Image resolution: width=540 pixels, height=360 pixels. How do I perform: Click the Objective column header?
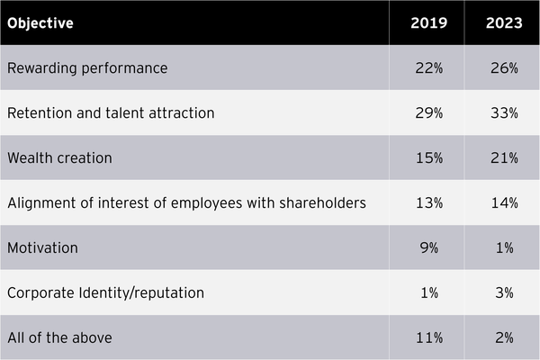(x=40, y=23)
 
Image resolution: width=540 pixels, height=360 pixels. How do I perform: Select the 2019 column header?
(x=426, y=23)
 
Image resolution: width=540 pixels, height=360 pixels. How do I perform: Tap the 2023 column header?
(x=501, y=23)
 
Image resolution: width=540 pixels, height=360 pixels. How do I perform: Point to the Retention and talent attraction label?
(x=111, y=113)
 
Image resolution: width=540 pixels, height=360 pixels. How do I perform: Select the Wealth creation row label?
(x=59, y=158)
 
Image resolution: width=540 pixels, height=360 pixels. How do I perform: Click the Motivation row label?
(x=42, y=248)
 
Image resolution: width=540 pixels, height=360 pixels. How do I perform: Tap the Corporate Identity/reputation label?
(x=105, y=293)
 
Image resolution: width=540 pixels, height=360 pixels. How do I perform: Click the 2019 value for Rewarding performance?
(x=426, y=68)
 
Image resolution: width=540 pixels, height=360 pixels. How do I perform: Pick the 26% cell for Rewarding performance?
(x=501, y=68)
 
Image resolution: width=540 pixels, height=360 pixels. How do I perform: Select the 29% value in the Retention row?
(x=426, y=113)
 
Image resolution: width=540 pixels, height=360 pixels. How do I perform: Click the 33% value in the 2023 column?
(x=501, y=113)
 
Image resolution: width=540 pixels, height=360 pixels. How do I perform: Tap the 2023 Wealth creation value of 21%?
(x=501, y=158)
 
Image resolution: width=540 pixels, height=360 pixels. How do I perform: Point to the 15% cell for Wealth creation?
(x=426, y=158)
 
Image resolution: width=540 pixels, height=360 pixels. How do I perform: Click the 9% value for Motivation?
(x=426, y=248)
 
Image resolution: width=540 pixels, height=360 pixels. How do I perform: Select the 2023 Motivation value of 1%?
(x=501, y=248)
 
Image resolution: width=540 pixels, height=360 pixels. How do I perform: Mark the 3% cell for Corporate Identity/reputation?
(x=501, y=293)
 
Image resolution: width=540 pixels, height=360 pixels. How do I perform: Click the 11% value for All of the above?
(x=426, y=338)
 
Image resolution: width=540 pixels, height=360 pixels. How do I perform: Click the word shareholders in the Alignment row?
(x=324, y=203)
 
